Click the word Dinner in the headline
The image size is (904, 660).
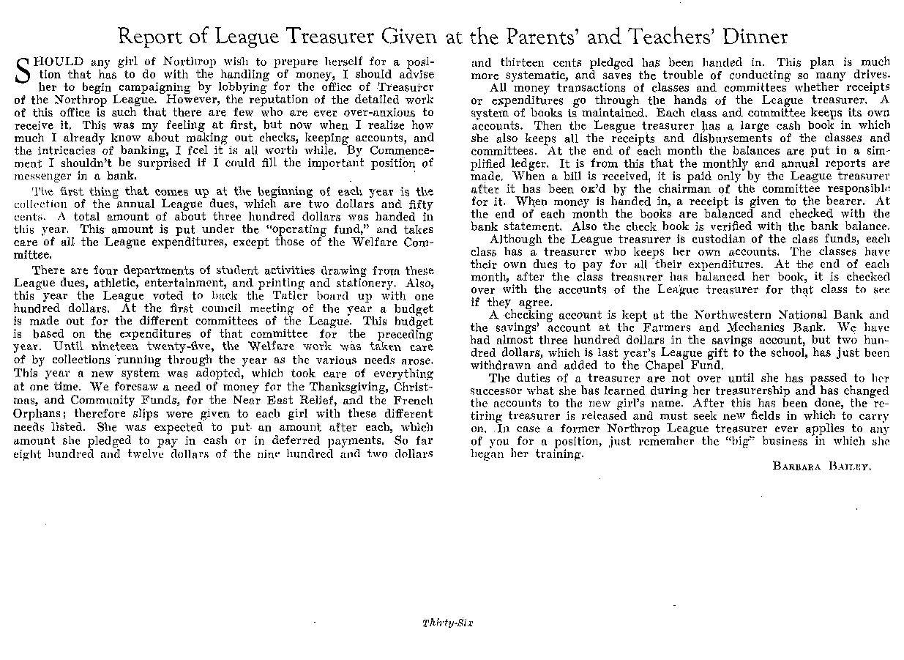point(752,37)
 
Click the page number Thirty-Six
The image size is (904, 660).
point(449,623)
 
